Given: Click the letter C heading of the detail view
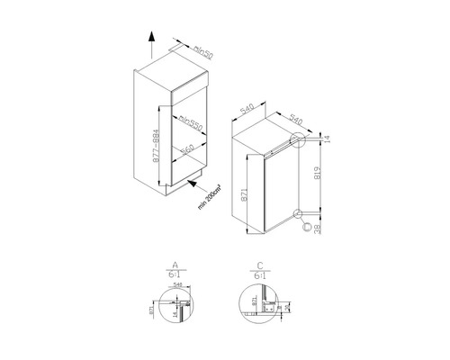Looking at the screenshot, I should click(259, 267).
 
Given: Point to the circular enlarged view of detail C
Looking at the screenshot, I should click(258, 306).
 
